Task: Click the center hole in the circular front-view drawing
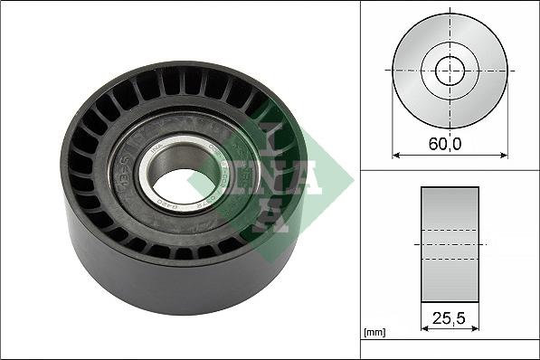point(450,70)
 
